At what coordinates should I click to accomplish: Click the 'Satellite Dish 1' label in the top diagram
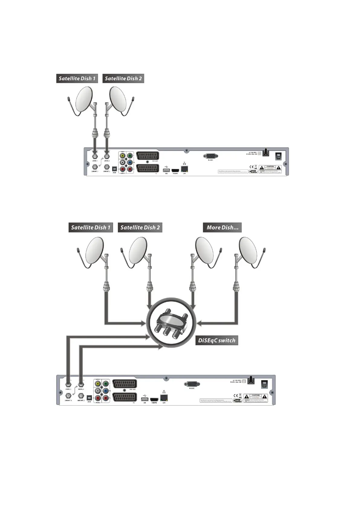coord(77,79)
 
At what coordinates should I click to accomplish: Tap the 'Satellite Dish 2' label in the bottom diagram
coord(140,227)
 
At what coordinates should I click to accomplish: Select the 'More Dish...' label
coord(222,227)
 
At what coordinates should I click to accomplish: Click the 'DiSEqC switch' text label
coord(216,340)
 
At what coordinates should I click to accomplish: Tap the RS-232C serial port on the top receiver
coord(211,156)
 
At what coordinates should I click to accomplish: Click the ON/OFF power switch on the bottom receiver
coord(264,384)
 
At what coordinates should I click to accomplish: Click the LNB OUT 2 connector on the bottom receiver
coord(81,396)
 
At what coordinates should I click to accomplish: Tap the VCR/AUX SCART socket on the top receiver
coord(147,156)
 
